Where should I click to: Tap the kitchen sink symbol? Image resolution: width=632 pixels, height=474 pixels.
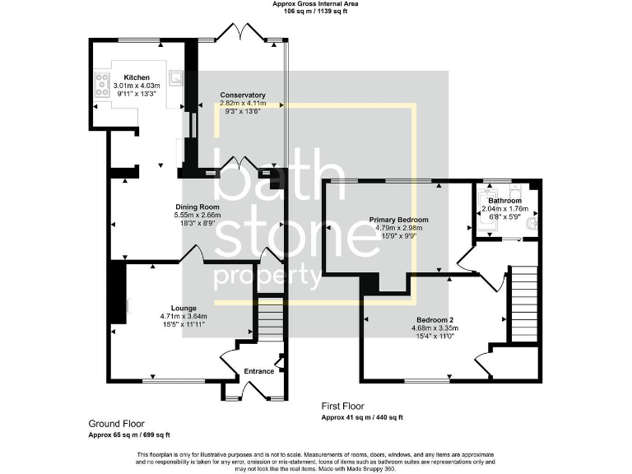176,78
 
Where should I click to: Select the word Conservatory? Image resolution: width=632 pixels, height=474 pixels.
242,95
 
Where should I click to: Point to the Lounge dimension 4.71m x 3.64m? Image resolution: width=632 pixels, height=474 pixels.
184,316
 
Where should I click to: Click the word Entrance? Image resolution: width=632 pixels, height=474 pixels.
258,371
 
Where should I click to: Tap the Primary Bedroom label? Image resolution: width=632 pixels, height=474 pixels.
398,220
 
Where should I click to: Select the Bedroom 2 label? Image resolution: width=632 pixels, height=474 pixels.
434,319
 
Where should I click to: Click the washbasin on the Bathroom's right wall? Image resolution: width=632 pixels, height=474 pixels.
536,221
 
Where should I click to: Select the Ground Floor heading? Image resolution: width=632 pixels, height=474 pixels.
116,423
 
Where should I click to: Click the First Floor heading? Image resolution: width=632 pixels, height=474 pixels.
342,407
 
